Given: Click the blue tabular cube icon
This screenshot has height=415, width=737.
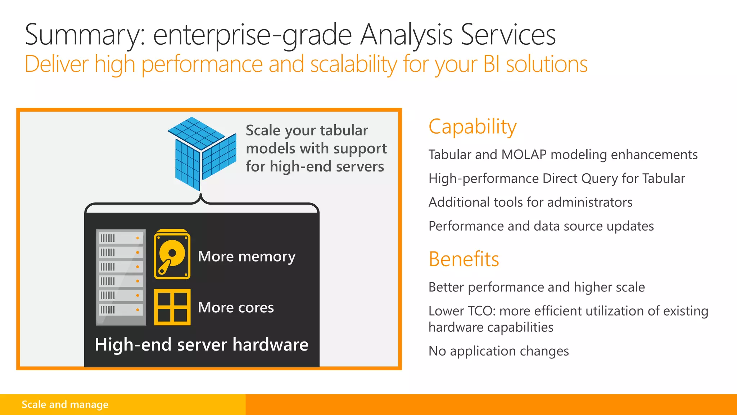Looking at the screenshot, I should (202, 153).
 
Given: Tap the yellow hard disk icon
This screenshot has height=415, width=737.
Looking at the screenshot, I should (172, 254).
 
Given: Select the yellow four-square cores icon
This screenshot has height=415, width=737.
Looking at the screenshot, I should (172, 307).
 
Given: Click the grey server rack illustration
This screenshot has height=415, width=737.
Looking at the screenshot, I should (121, 277).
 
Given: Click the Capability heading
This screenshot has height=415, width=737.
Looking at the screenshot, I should (473, 127).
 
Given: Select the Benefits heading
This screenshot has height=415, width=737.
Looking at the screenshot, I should (464, 259).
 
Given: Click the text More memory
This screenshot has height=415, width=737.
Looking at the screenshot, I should (247, 256).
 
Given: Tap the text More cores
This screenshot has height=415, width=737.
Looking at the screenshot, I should (236, 307).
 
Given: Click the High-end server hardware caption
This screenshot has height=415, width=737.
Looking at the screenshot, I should (202, 344).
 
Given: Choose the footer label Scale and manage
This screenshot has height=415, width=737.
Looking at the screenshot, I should (65, 405).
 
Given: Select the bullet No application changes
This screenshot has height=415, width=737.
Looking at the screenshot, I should (498, 351).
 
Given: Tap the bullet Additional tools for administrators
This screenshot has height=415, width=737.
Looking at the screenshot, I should (530, 202).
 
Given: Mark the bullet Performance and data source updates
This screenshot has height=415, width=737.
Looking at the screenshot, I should (541, 226).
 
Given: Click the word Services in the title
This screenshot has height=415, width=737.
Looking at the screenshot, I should (508, 35).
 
